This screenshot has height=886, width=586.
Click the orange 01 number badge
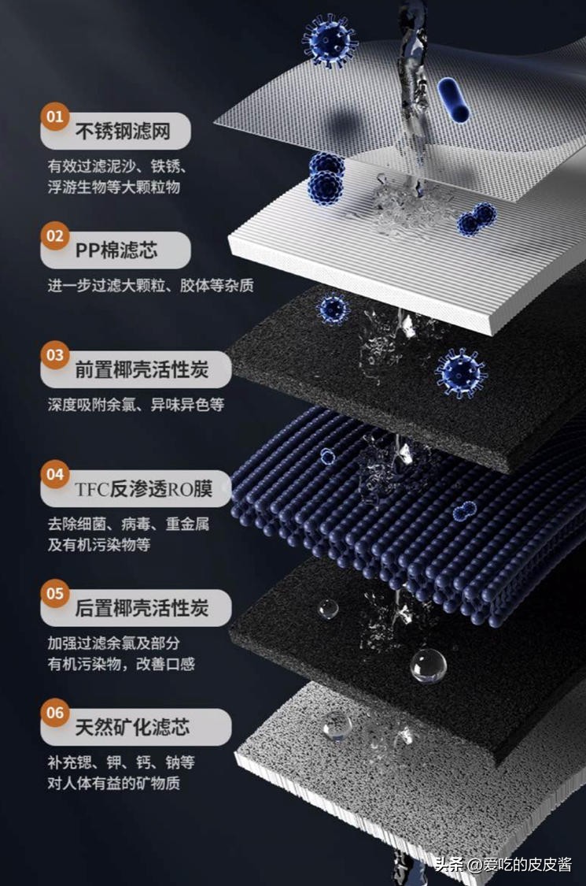click(55, 117)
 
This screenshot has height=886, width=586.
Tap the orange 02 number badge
click(55, 235)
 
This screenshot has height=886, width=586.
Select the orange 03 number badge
click(55, 355)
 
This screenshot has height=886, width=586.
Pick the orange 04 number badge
click(55, 474)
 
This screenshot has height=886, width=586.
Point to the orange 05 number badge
click(55, 593)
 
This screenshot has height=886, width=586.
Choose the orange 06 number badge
click(55, 713)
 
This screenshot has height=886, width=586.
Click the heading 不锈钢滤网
click(123, 132)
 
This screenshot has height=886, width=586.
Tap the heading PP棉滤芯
click(116, 250)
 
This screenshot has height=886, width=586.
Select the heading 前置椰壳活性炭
click(142, 370)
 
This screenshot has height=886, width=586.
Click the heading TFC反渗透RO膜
click(143, 489)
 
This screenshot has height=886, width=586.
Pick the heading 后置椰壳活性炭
click(142, 608)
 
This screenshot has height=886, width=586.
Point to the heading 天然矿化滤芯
click(132, 727)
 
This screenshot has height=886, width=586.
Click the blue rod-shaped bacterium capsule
click(453, 100)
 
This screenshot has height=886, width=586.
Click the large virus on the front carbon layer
click(461, 373)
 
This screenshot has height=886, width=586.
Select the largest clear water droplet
click(429, 665)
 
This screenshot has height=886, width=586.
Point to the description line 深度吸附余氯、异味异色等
click(136, 405)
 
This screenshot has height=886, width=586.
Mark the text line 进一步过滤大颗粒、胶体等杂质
click(151, 285)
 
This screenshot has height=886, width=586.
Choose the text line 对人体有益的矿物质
click(114, 783)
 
